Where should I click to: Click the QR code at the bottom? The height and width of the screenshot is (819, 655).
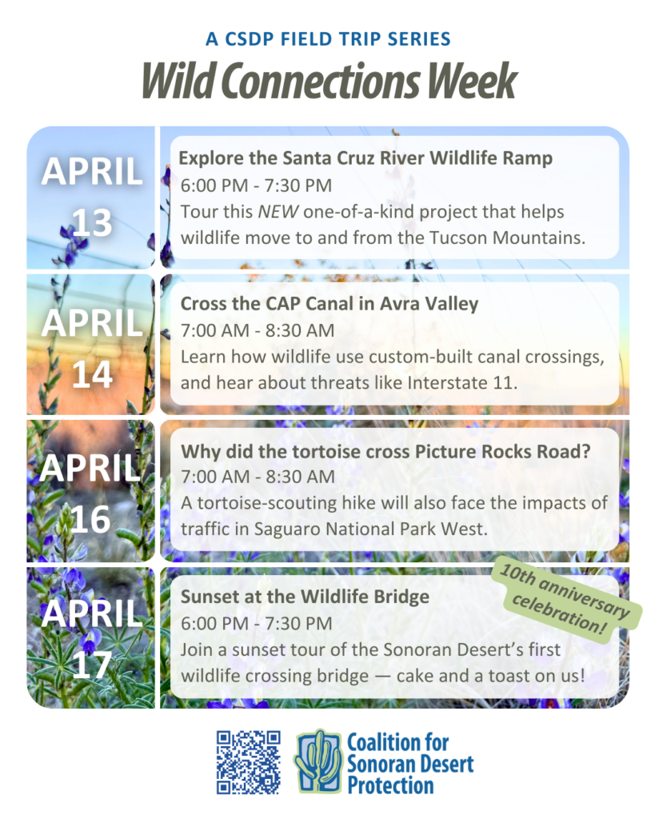249,762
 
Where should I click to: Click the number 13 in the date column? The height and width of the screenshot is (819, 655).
92,222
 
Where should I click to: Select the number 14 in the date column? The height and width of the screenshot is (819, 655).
92,374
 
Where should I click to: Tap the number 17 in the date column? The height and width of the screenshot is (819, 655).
92,665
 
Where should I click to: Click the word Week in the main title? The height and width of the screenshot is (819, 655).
472,81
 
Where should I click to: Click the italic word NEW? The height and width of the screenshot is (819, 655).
278,211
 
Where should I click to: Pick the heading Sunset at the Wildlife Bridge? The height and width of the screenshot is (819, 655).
305,597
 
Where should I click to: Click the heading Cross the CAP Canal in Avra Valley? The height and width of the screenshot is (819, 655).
329,303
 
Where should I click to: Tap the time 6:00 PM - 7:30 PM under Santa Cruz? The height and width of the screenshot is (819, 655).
256,186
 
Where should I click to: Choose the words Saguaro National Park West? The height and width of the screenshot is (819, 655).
371,529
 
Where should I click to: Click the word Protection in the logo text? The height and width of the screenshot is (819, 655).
391,785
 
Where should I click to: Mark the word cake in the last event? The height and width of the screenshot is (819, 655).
416,676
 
